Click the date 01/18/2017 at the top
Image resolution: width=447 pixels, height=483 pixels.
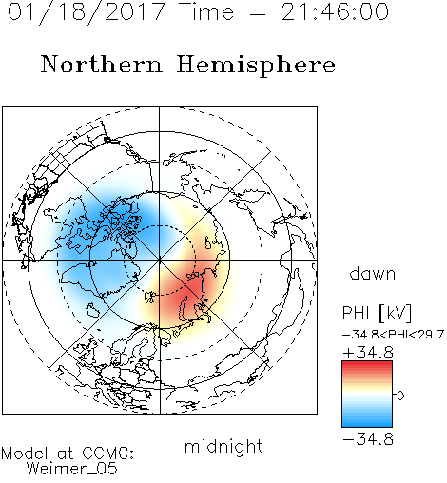pos(87,12)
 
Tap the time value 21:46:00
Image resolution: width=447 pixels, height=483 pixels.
pos(335,11)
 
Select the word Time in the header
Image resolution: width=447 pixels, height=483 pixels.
pos(206,11)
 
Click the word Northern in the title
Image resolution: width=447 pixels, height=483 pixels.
pos(102,64)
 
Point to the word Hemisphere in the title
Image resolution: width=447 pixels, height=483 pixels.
pos(256,66)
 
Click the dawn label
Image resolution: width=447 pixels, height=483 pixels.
pos(373,274)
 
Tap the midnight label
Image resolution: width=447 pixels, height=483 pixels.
pos(223,446)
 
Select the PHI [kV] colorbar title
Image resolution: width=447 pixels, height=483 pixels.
pos(377,313)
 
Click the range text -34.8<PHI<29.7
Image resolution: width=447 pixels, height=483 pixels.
pos(393,335)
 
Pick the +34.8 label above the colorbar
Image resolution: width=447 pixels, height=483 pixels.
pos(368,353)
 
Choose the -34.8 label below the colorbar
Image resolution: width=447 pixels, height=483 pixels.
pos(368,439)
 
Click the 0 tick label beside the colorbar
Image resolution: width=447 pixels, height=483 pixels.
pos(400,396)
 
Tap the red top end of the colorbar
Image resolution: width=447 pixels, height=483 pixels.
pos(367,364)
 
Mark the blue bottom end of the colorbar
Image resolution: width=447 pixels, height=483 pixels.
pos(367,424)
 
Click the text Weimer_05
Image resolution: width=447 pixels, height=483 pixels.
pos(72,469)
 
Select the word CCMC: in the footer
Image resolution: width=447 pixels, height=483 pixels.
pos(107,454)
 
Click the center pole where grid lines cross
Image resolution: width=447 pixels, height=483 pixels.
pos(160,260)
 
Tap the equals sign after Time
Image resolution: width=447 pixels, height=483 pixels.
pos(258,12)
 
